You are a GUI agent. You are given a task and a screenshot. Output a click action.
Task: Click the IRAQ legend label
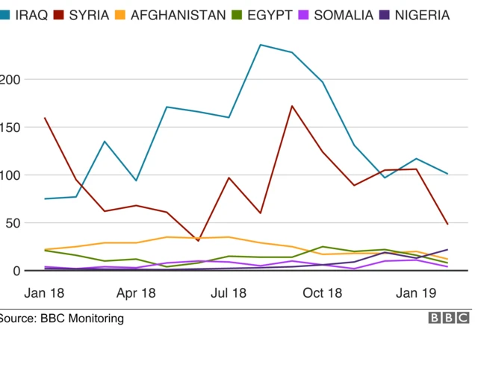pyautogui.click(x=31, y=15)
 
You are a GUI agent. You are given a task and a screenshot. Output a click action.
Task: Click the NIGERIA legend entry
pyautogui.click(x=422, y=15)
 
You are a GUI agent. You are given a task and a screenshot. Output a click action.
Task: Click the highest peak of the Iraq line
pyautogui.click(x=260, y=45)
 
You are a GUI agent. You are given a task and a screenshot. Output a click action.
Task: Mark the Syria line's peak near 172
pyautogui.click(x=291, y=106)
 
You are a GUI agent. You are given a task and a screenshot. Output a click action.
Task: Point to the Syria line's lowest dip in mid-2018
pyautogui.click(x=198, y=241)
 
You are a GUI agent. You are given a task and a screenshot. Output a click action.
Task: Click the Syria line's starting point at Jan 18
pyautogui.click(x=46, y=118)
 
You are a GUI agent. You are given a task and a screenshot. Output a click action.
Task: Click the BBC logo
pyautogui.click(x=448, y=319)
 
